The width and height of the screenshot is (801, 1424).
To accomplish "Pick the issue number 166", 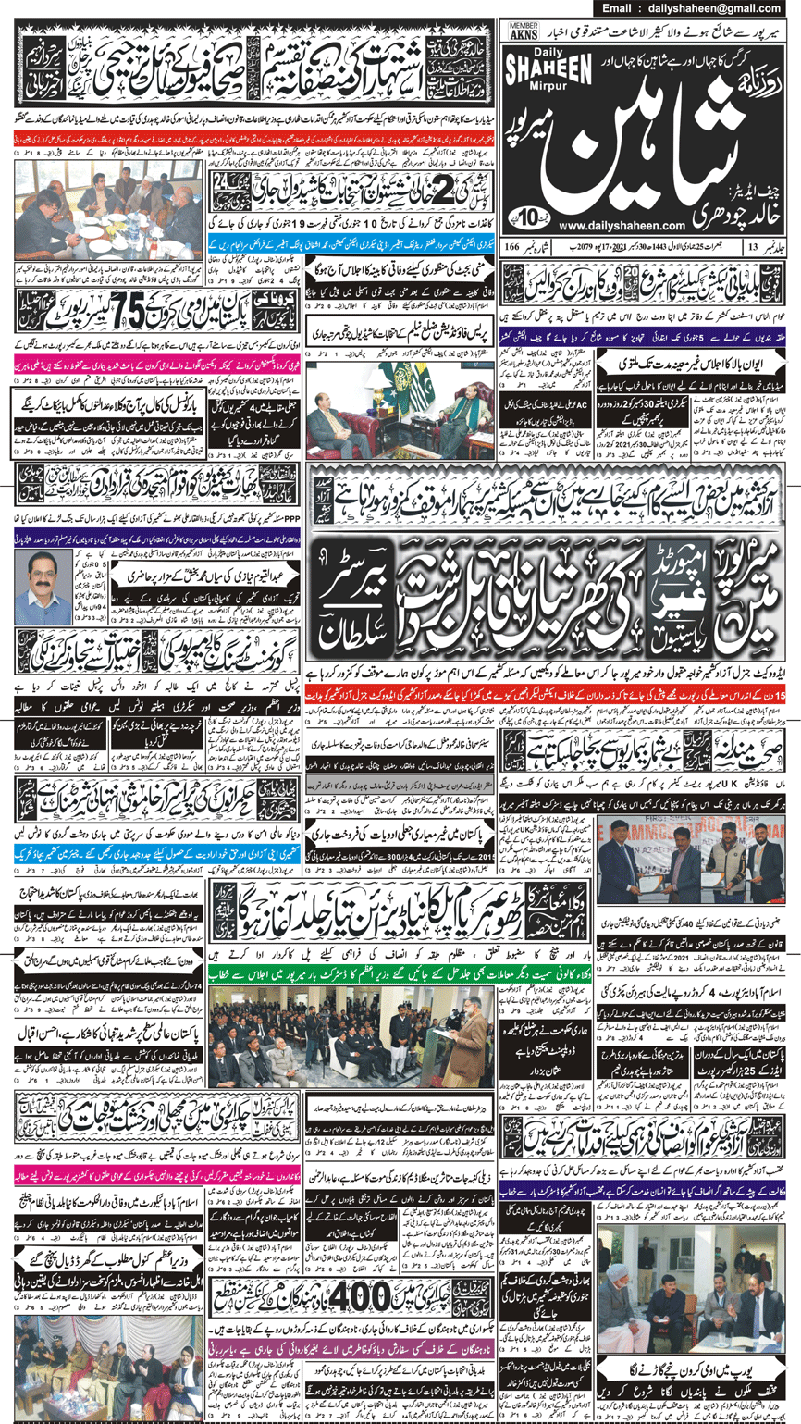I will point(512,247).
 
